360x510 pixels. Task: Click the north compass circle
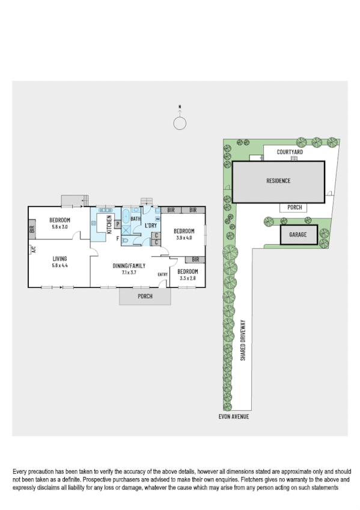[180, 123]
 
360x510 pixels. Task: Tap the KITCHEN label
[109, 224]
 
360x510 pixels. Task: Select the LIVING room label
[59, 259]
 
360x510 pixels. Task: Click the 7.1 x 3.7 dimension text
[130, 272]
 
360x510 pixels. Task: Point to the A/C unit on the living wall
[34, 250]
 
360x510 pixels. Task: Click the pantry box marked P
[118, 224]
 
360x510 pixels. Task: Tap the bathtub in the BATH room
[126, 217]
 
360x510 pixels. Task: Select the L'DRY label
[150, 226]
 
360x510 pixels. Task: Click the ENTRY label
[162, 275]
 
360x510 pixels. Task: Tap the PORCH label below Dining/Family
[145, 296]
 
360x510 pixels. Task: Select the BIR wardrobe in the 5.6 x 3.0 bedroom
[31, 229]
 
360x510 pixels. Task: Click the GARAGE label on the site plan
[298, 235]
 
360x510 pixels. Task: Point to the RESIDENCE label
[278, 180]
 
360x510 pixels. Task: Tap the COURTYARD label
[290, 152]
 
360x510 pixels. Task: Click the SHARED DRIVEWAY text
[243, 339]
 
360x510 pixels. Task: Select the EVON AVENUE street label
[233, 416]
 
